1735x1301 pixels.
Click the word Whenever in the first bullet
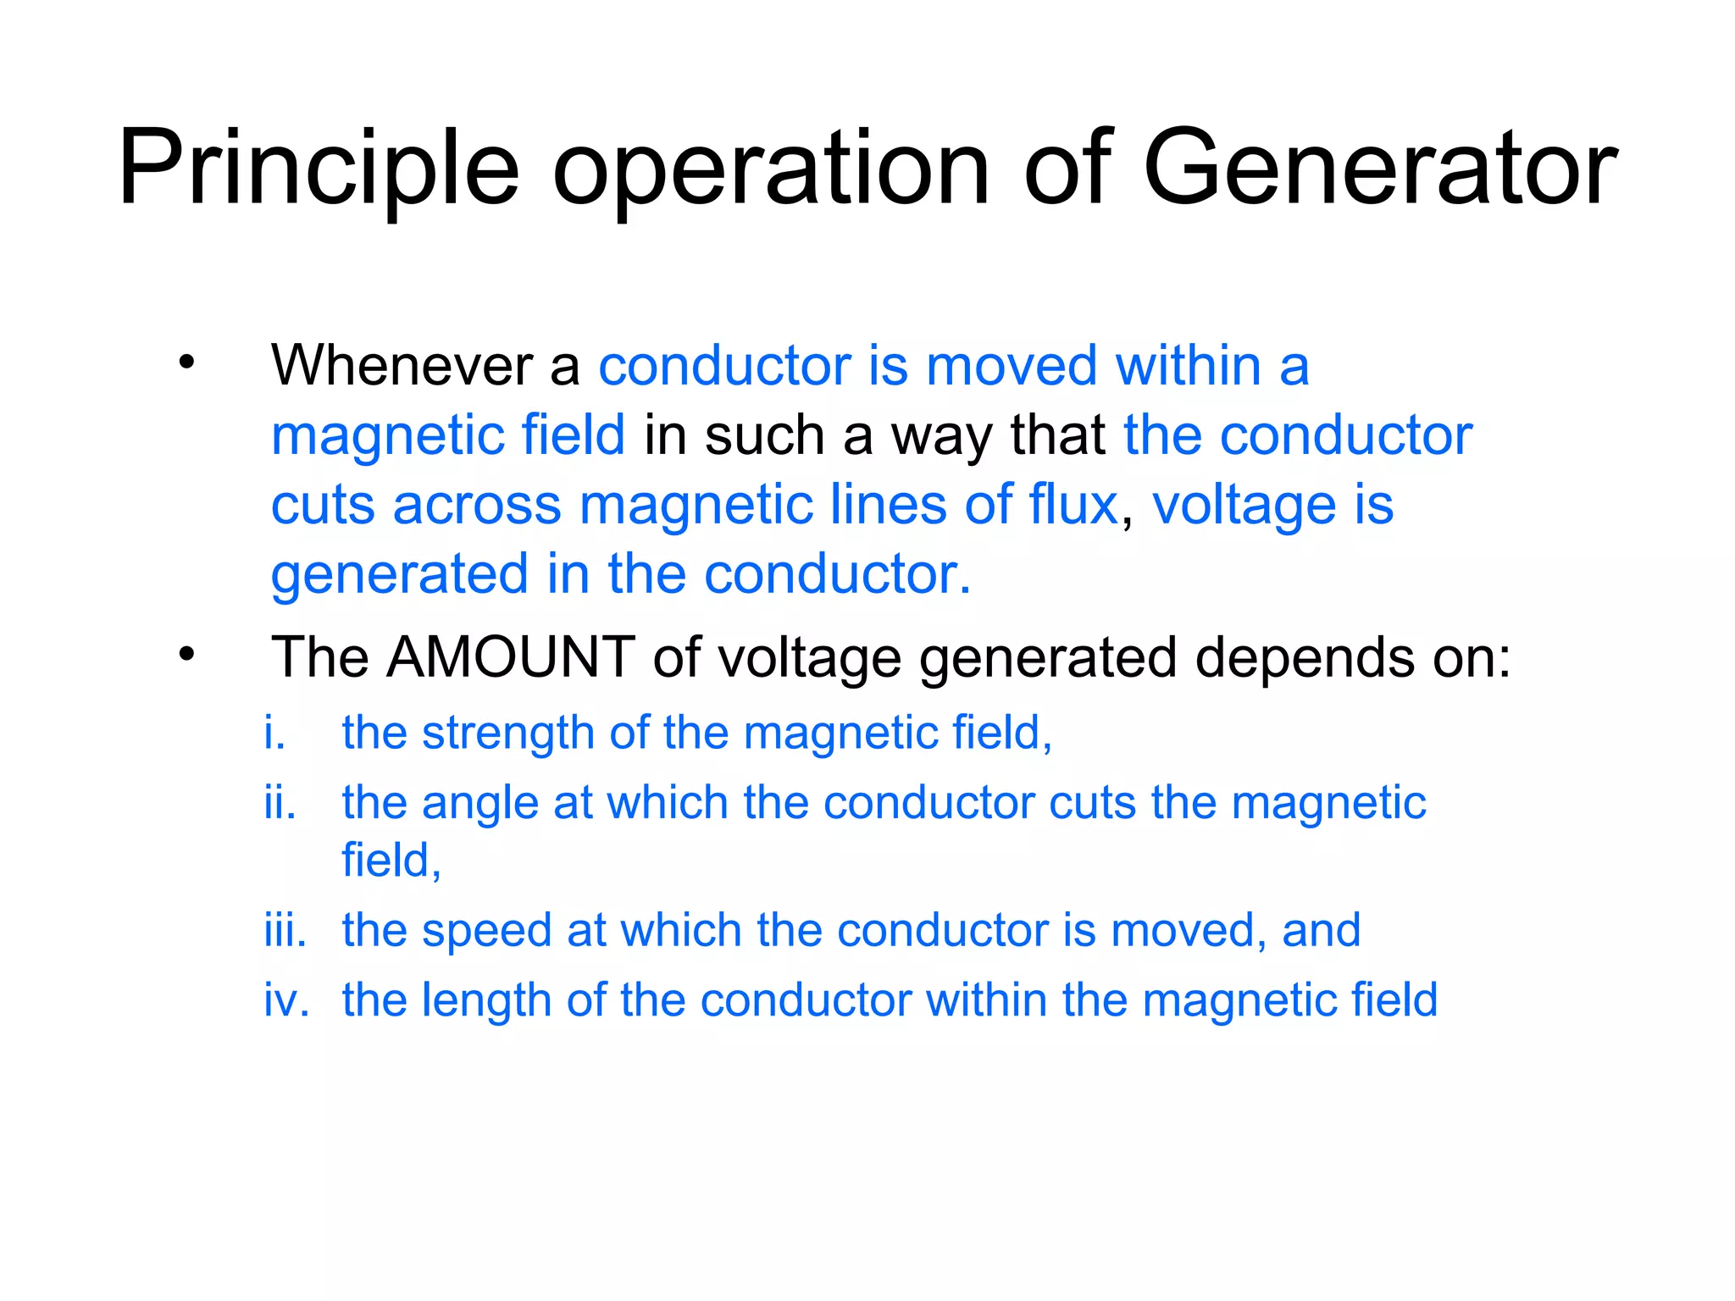pyautogui.click(x=402, y=366)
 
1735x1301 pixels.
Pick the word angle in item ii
pyautogui.click(x=479, y=804)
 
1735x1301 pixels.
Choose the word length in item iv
pyautogui.click(x=486, y=1001)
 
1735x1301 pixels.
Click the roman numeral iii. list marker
pyautogui.click(x=285, y=930)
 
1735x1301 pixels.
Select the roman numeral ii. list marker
pyautogui.click(x=280, y=802)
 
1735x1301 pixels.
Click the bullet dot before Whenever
pyautogui.click(x=187, y=363)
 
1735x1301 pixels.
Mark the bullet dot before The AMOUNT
pyautogui.click(x=187, y=655)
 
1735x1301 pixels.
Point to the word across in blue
pyautogui.click(x=477, y=506)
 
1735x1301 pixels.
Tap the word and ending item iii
pyautogui.click(x=1321, y=930)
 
